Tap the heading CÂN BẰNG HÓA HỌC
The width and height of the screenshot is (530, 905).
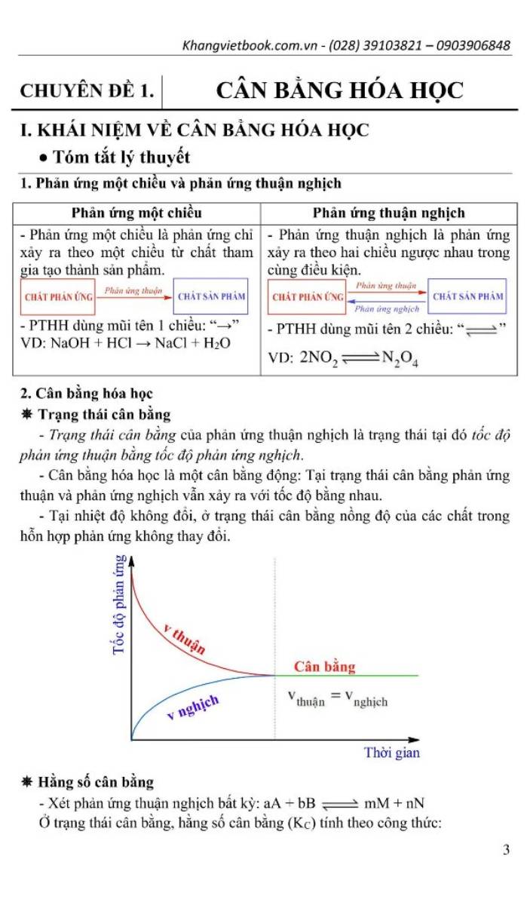click(339, 90)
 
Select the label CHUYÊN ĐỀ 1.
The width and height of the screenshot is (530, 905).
click(87, 92)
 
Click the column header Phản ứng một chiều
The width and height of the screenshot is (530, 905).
click(136, 213)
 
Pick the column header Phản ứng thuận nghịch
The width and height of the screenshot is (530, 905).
click(388, 213)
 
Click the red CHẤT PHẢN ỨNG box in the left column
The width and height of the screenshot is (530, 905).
click(59, 297)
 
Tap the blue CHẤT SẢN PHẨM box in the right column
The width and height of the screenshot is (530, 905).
click(479, 296)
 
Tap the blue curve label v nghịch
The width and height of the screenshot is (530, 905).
click(193, 708)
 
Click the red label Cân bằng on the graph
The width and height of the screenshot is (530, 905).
click(324, 667)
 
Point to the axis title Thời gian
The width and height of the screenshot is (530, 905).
click(391, 753)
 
